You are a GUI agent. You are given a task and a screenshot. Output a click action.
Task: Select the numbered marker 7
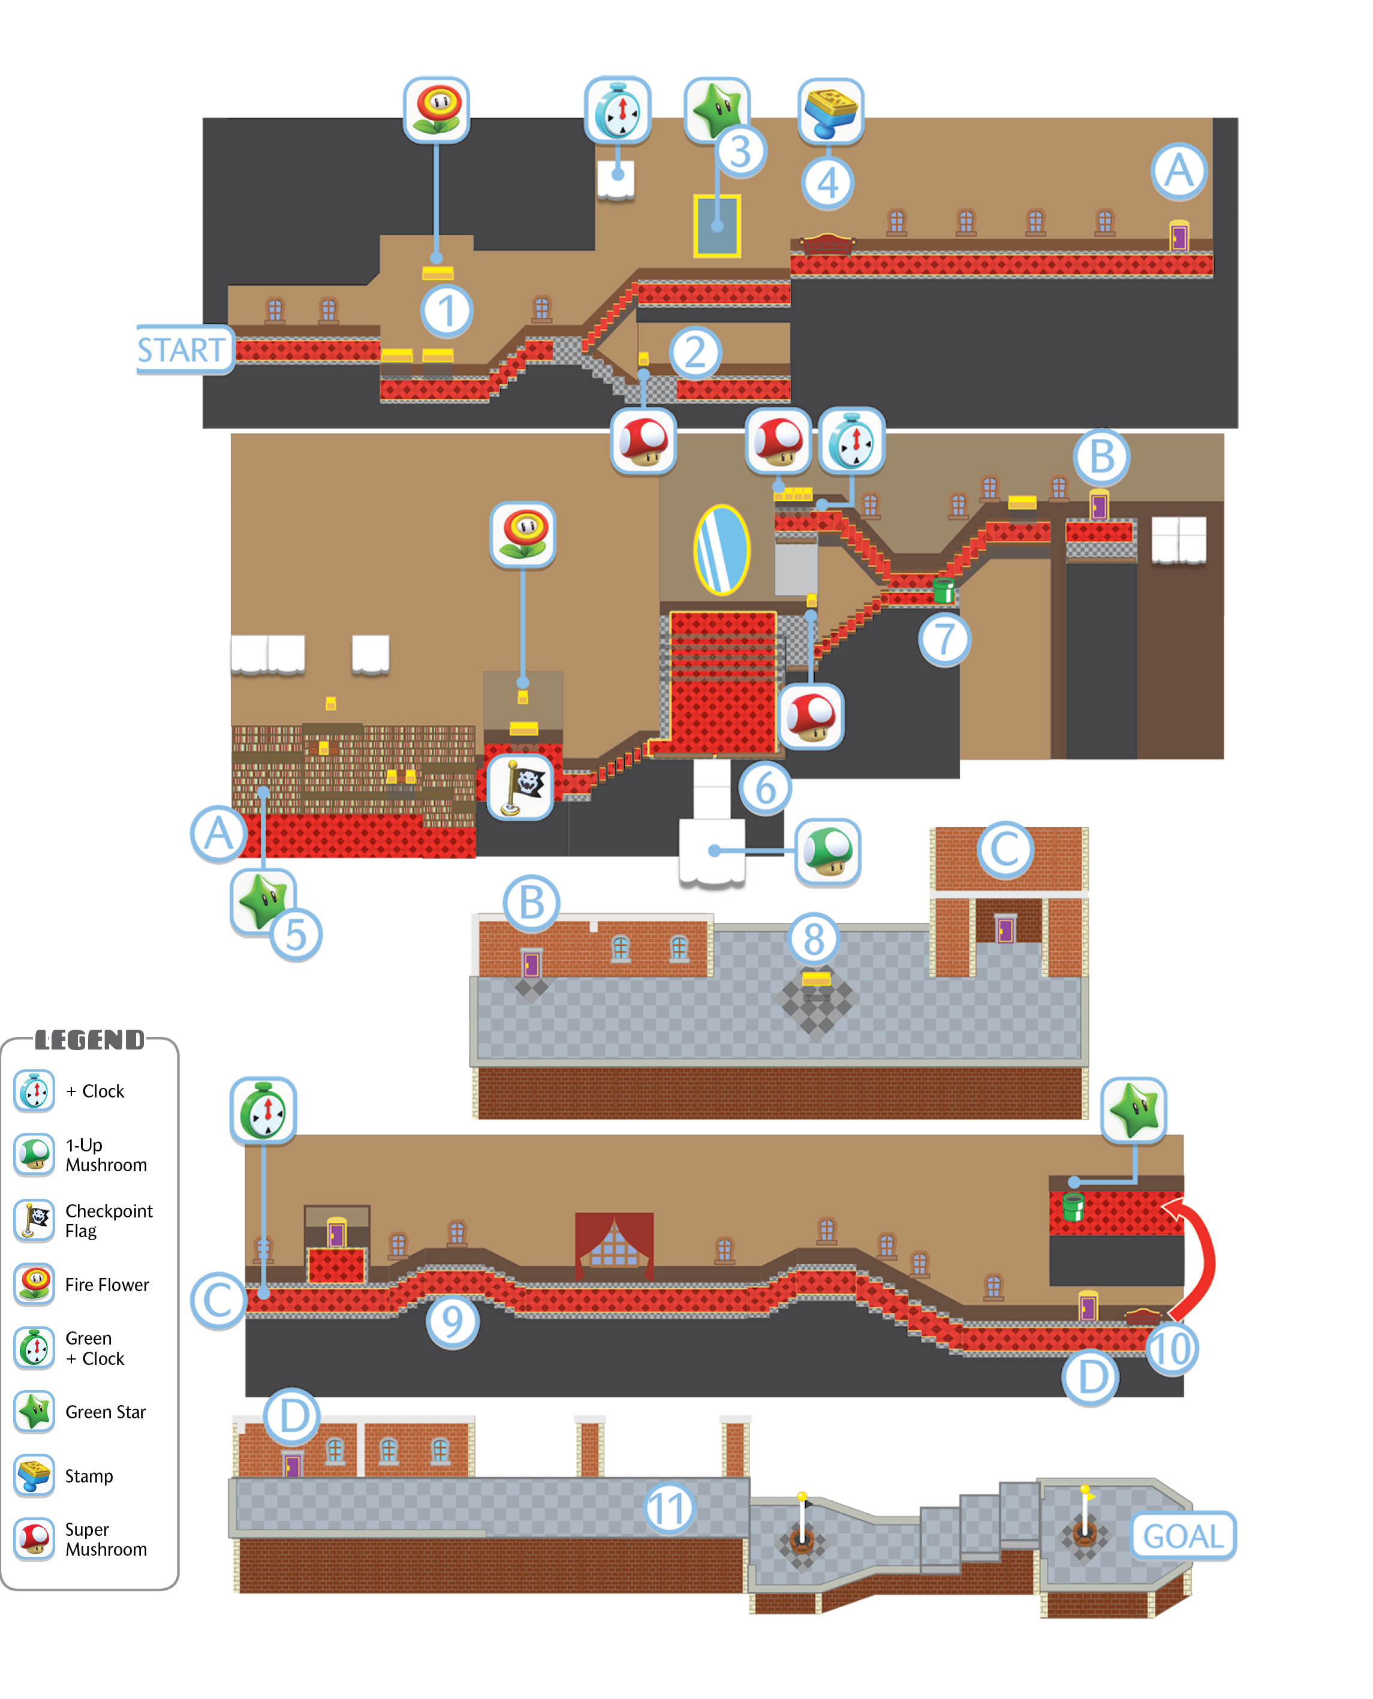point(944,639)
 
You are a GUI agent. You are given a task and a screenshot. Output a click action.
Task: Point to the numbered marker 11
point(669,1508)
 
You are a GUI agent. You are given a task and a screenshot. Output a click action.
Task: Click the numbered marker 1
point(447,310)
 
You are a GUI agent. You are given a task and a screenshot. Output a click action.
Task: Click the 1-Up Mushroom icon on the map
point(827,851)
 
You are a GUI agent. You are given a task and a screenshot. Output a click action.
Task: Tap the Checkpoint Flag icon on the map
point(520,786)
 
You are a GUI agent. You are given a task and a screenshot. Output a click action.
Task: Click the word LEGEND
point(90,1039)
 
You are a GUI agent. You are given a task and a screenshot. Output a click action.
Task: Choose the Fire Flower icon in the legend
point(35,1284)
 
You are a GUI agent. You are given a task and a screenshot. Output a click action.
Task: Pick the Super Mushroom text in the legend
point(106,1539)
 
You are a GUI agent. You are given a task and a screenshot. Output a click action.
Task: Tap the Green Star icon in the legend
point(35,1412)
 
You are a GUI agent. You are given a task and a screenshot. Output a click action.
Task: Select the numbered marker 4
point(827,183)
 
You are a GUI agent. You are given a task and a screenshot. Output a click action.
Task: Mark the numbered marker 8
point(814,939)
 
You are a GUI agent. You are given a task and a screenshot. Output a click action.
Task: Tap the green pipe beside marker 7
point(943,590)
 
